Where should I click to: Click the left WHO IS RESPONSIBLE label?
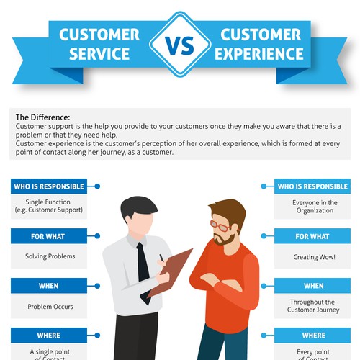(48, 186)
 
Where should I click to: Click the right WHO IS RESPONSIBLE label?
(312, 186)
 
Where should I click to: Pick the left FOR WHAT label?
(48, 236)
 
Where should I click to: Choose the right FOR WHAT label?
(312, 236)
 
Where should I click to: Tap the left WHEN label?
(48, 286)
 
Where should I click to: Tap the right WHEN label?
(312, 286)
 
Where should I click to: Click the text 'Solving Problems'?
(50, 256)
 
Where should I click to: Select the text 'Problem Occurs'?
(50, 307)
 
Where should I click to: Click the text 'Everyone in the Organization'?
(313, 207)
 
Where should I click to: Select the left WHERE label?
(48, 336)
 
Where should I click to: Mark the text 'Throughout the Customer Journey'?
(312, 306)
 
